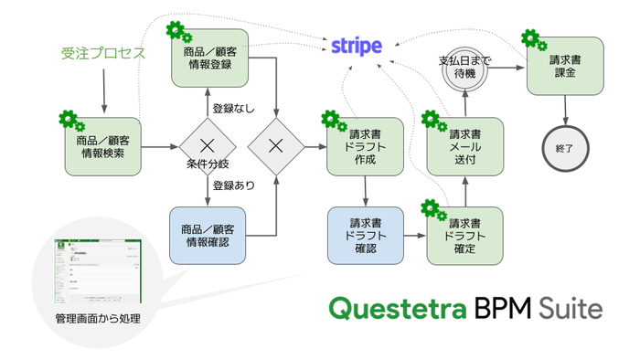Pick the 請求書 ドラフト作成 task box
pyautogui.click(x=365, y=145)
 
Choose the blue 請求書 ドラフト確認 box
pyautogui.click(x=365, y=235)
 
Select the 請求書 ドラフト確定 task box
pyautogui.click(x=464, y=236)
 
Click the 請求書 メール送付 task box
pyautogui.click(x=464, y=146)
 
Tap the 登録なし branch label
pyautogui.click(x=234, y=109)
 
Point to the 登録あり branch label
pyautogui.click(x=234, y=185)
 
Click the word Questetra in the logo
pyautogui.click(x=398, y=307)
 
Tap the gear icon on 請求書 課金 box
pyautogui.click(x=532, y=39)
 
